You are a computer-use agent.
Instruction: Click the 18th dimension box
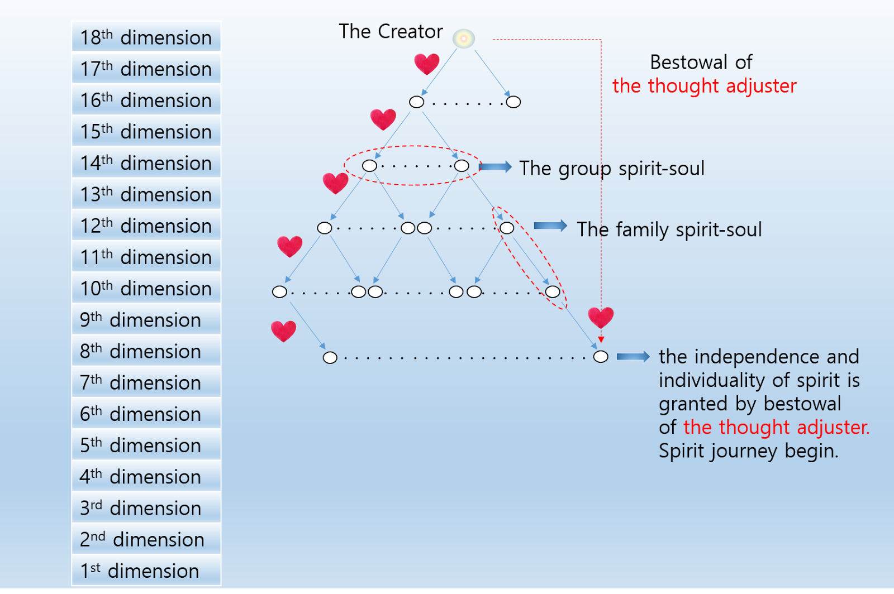tap(146, 37)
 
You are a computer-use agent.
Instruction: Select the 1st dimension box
tap(146, 571)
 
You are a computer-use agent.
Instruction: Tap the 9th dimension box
tap(146, 319)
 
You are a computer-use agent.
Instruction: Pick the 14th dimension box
tap(146, 162)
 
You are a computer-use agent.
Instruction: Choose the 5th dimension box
tap(146, 445)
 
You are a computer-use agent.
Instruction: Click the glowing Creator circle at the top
tap(463, 39)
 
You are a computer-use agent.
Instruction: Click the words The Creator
tap(391, 31)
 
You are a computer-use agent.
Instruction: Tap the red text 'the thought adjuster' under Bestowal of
tap(704, 86)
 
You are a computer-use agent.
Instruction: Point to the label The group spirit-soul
tap(612, 168)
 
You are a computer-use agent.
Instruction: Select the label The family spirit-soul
tap(669, 229)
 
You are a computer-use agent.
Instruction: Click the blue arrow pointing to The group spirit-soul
tap(495, 167)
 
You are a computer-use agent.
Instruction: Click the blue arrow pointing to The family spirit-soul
tap(550, 226)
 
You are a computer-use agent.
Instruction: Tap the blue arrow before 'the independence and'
tap(633, 357)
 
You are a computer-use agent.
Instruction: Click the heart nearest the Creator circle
tap(427, 64)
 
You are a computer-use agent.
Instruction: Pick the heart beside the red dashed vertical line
tap(601, 317)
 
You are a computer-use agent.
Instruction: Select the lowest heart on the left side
tap(283, 330)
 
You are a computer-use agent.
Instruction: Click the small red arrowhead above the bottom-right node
tap(601, 339)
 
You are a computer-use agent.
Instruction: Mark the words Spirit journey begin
tap(748, 451)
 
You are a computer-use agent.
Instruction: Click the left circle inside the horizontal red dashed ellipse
tap(369, 166)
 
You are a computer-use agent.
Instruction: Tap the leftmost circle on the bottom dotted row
tap(330, 357)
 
